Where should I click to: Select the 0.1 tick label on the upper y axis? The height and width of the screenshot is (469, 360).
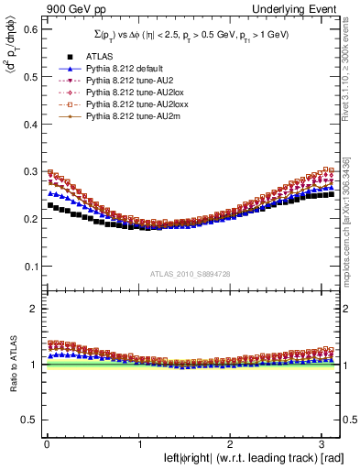click(x=26, y=267)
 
